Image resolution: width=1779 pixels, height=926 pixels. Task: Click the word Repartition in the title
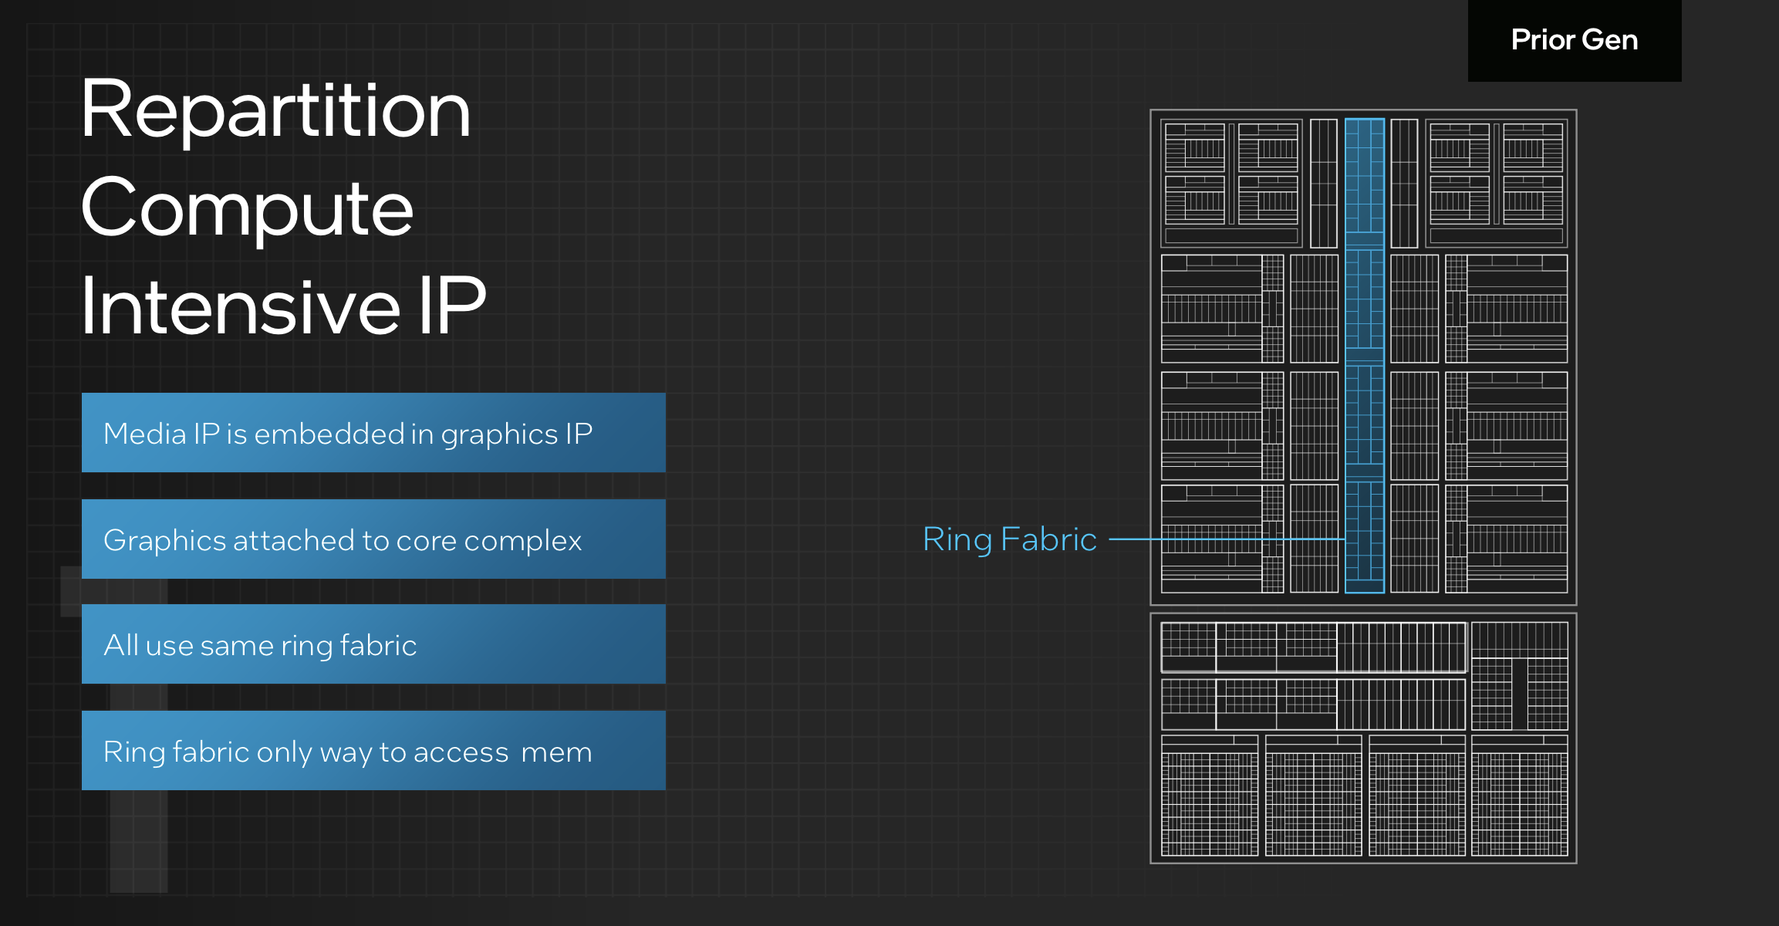click(x=275, y=110)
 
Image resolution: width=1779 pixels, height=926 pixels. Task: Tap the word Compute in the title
click(x=247, y=208)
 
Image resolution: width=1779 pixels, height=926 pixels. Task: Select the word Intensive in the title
click(x=240, y=307)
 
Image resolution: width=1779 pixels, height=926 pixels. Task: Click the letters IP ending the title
click(x=452, y=307)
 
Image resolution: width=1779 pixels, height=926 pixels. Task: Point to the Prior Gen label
click(x=1574, y=40)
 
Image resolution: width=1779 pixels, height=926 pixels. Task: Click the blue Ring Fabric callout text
click(x=1009, y=539)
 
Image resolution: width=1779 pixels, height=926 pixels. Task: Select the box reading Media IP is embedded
click(x=373, y=433)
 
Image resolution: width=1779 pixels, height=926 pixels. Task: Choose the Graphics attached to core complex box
click(x=373, y=539)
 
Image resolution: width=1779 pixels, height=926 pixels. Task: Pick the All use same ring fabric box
click(x=373, y=644)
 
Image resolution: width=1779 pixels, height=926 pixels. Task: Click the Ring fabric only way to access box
click(x=373, y=751)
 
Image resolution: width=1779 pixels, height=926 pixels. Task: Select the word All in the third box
click(x=121, y=645)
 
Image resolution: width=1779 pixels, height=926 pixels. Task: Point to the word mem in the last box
click(x=556, y=752)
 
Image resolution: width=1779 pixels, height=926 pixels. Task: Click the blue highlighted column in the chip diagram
click(x=1364, y=355)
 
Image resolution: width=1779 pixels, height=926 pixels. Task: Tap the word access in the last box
click(x=461, y=752)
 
